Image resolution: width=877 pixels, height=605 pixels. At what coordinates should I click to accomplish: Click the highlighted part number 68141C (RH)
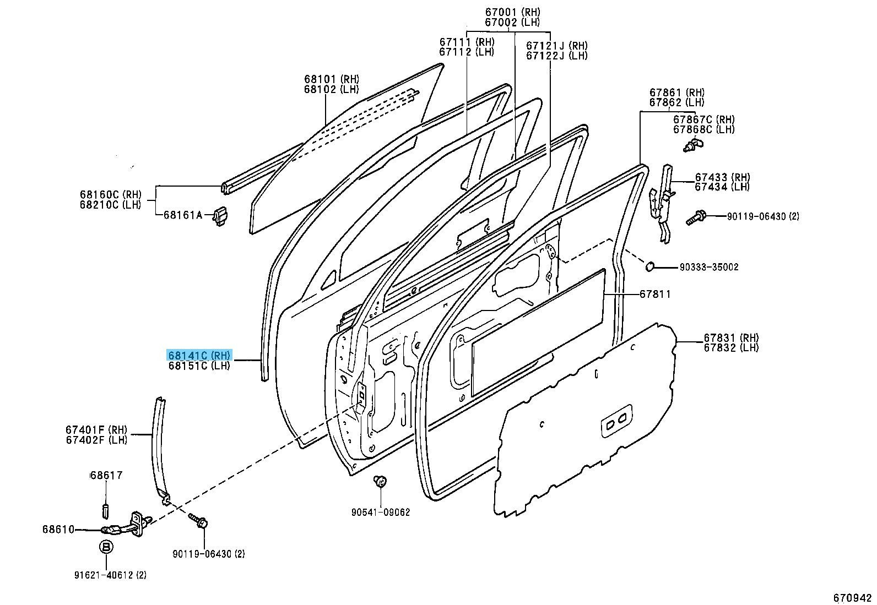pos(200,355)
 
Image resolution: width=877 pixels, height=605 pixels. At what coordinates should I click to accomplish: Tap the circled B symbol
pos(106,547)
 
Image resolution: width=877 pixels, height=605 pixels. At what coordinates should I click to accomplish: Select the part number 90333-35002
pos(708,267)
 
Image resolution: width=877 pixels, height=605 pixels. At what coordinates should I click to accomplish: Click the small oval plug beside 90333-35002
pos(650,266)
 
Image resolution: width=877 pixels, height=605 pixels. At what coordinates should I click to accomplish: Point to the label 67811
pos(655,295)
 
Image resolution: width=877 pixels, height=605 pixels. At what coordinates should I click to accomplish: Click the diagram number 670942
pos(852,597)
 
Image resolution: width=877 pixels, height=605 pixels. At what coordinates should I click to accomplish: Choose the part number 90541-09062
pos(381,512)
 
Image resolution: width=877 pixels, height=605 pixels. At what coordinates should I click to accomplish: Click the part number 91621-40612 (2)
pos(110,575)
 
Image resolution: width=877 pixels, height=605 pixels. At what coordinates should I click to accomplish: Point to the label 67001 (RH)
pos(512,12)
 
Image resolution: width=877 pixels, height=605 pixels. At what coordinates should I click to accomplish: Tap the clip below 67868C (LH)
pos(691,145)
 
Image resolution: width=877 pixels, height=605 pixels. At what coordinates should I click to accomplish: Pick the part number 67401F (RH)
pos(96,430)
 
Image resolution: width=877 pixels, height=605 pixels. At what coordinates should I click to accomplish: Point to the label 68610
pos(58,529)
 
